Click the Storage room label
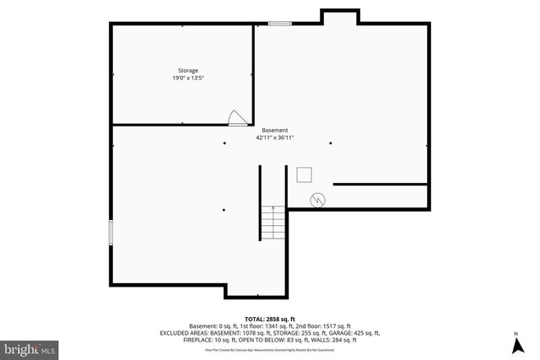tap(187, 70)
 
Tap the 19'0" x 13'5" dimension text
tap(187, 78)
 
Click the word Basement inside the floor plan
tap(274, 130)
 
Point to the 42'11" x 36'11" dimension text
tap(274, 137)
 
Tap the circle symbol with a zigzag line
tap(317, 200)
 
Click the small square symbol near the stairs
tap(305, 175)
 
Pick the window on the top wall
tap(280, 24)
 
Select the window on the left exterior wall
tap(111, 233)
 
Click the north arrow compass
tap(516, 344)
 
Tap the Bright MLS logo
tap(30, 347)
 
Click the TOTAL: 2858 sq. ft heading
tap(269, 318)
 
